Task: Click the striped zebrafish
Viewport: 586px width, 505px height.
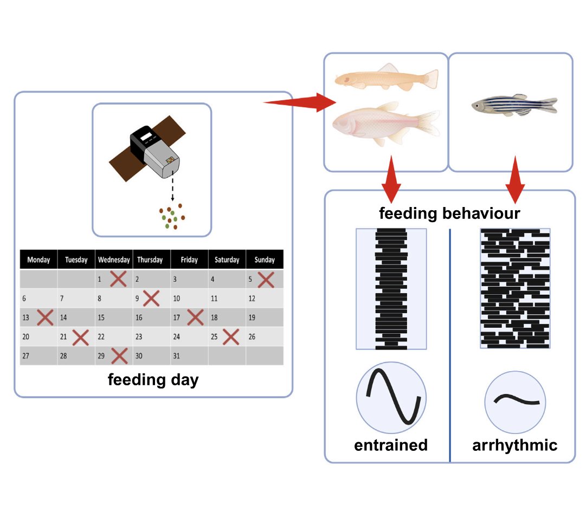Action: (x=513, y=105)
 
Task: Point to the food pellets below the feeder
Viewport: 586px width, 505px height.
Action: (x=172, y=217)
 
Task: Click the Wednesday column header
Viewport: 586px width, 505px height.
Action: (x=114, y=260)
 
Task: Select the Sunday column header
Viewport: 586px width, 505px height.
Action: (x=265, y=260)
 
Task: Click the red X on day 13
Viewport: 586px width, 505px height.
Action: (x=45, y=318)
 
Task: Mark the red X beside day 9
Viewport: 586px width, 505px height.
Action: (x=151, y=298)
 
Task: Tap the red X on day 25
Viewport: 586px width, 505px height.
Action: (x=230, y=337)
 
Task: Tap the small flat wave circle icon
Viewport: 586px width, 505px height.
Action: (x=515, y=402)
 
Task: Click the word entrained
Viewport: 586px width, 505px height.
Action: (x=391, y=445)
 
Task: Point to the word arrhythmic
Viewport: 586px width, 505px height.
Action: (x=514, y=445)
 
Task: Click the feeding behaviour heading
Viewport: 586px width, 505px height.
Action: (x=449, y=213)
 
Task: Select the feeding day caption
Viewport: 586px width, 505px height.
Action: (x=153, y=380)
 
